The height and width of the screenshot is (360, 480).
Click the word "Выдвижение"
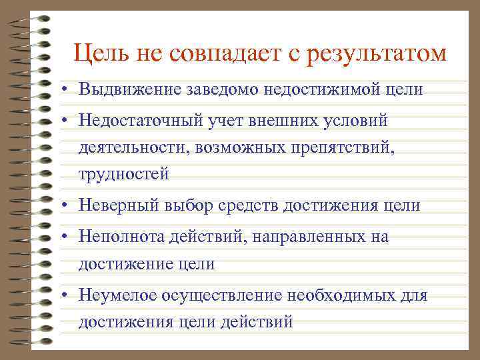click(x=123, y=88)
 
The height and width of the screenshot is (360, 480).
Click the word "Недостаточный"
click(x=136, y=121)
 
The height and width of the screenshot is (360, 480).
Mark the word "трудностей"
click(x=123, y=174)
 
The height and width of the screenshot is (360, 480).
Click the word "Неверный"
click(x=115, y=205)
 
